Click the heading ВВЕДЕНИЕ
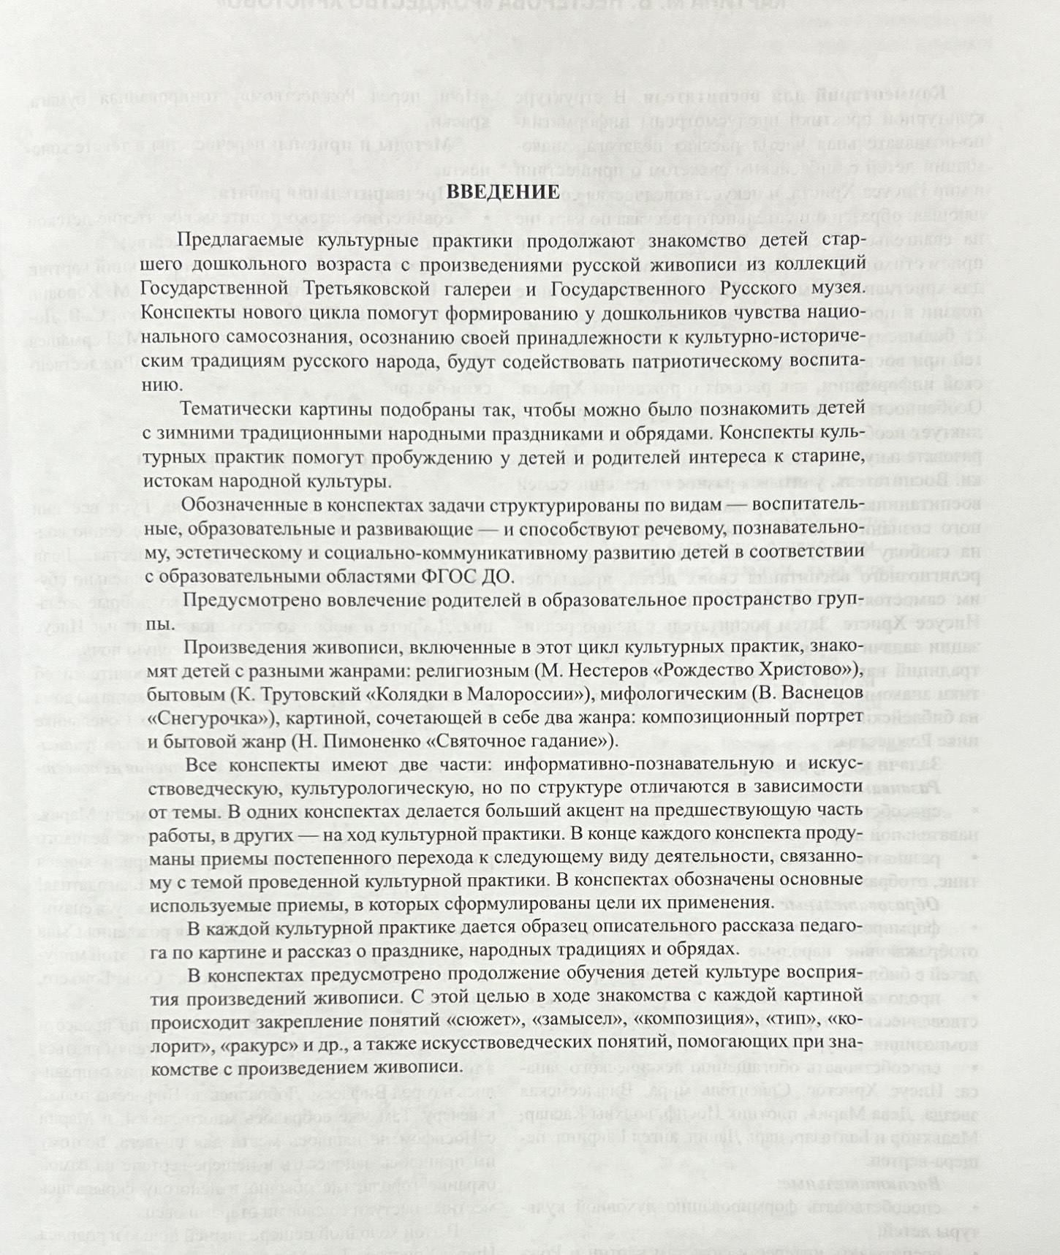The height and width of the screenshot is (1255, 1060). click(502, 192)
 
